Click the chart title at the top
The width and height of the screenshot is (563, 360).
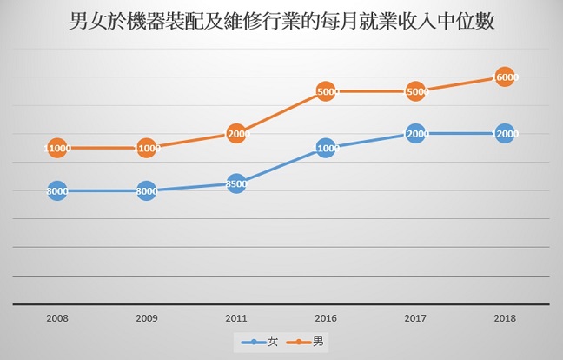[281, 23]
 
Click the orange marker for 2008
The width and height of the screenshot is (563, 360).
[56, 149]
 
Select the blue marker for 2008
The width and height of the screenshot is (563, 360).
[56, 190]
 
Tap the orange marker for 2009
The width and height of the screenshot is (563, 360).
[146, 149]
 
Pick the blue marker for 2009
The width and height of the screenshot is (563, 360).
[146, 190]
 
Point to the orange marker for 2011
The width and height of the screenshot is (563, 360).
[236, 134]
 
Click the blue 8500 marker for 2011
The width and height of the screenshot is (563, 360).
[236, 183]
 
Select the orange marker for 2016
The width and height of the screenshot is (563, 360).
[326, 91]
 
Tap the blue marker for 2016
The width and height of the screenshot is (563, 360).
[326, 149]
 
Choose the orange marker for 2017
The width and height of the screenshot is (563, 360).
[415, 91]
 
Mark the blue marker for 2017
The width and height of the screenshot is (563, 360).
[415, 134]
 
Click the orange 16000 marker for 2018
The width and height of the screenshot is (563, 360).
[506, 77]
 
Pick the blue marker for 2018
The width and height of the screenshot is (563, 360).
[506, 134]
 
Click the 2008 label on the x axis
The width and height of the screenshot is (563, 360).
[56, 318]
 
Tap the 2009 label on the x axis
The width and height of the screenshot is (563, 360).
[146, 318]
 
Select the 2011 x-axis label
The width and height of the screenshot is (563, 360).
[236, 318]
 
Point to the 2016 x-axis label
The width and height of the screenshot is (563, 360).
[326, 318]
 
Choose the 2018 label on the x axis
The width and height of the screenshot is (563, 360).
[506, 318]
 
